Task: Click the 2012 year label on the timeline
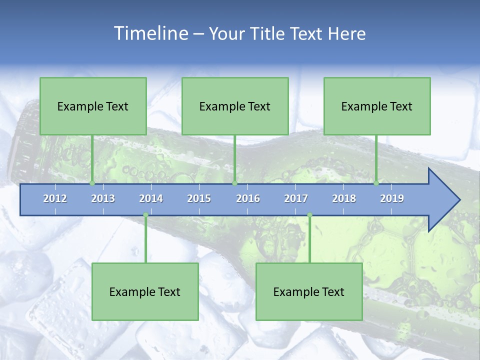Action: point(55,198)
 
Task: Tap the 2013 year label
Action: point(103,198)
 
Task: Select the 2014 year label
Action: point(151,198)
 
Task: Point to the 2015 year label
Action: point(199,198)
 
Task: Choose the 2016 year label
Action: point(248,198)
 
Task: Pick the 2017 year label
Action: point(296,198)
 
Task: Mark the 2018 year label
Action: point(344,198)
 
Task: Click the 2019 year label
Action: point(392,198)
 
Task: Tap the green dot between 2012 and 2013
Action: point(92,183)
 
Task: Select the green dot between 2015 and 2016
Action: point(234,183)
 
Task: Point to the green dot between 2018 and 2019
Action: point(376,183)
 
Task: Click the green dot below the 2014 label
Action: point(145,215)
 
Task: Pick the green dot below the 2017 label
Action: point(309,215)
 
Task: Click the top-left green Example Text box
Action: point(93,106)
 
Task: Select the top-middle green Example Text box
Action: point(235,106)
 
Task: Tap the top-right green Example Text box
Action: point(377,106)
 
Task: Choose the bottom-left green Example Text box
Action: point(145,291)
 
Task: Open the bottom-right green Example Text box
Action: point(309,291)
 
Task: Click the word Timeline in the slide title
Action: point(150,33)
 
